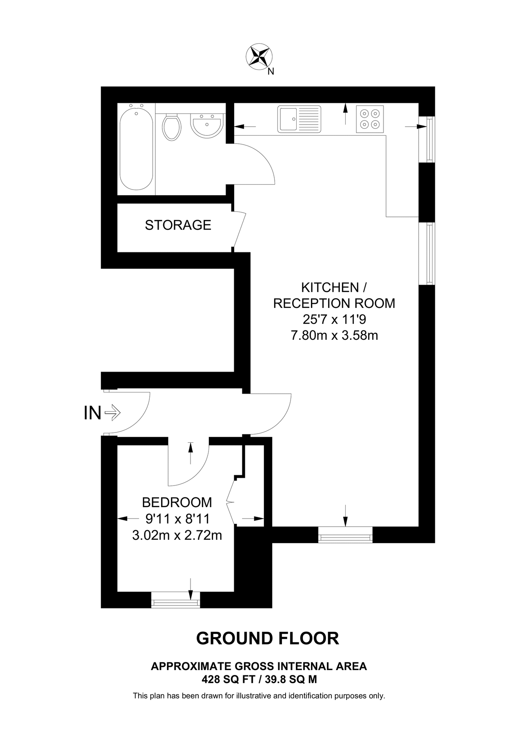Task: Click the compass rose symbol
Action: pyautogui.click(x=259, y=56)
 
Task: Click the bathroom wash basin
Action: pyautogui.click(x=206, y=124)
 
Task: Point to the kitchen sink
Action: pyautogui.click(x=299, y=119)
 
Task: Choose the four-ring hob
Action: pyautogui.click(x=370, y=119)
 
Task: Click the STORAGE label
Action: pyautogui.click(x=178, y=225)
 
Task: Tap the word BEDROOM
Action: pyautogui.click(x=177, y=502)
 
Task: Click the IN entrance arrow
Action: pyautogui.click(x=112, y=413)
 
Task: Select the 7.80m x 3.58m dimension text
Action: pyautogui.click(x=334, y=336)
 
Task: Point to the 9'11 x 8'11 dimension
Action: pyautogui.click(x=177, y=519)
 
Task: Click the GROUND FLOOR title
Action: pyautogui.click(x=268, y=638)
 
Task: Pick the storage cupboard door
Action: pyautogui.click(x=239, y=229)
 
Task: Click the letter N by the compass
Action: pyautogui.click(x=271, y=72)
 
